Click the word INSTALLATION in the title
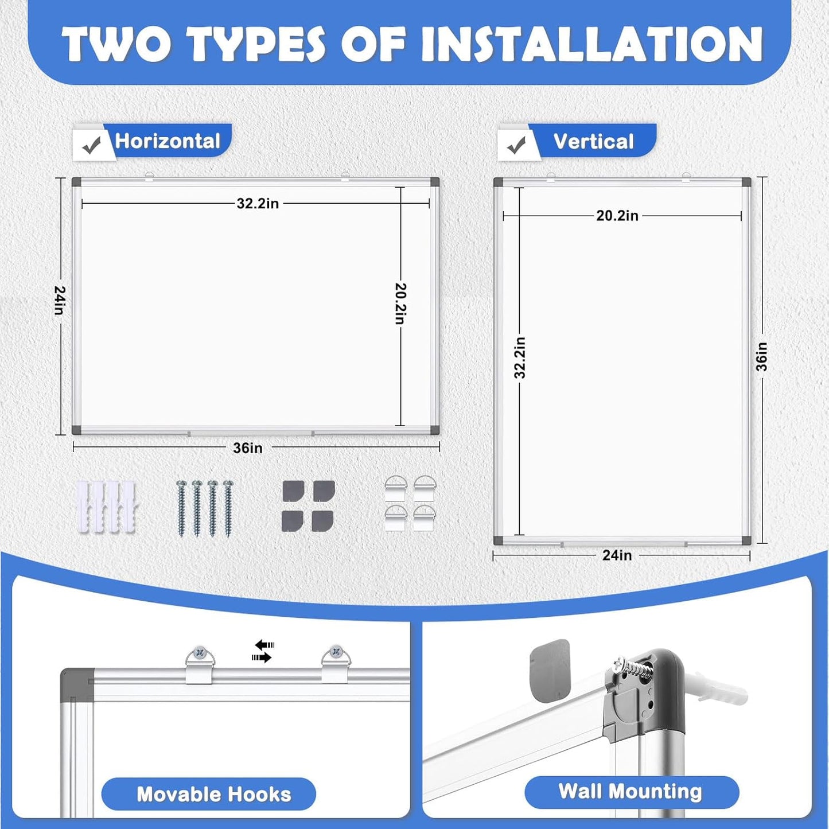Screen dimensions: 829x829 point(591,44)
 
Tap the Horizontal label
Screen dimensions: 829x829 point(168,141)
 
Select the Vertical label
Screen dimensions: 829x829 point(593,142)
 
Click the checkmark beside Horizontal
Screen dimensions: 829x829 point(91,146)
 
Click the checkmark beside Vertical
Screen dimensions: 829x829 point(516,146)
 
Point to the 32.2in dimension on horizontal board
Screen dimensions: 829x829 point(258,204)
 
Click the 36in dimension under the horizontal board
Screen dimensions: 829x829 point(248,448)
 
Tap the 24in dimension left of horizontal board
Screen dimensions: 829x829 point(60,300)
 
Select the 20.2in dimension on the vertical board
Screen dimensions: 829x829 point(617,216)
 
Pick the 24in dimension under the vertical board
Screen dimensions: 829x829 point(617,555)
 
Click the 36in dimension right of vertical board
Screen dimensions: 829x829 point(761,357)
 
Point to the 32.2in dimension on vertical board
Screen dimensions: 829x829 point(520,357)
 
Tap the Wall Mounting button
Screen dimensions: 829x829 point(631,792)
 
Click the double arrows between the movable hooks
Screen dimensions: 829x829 point(263,651)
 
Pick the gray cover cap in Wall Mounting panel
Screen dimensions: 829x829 point(550,670)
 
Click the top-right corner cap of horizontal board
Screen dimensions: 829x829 point(434,182)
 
